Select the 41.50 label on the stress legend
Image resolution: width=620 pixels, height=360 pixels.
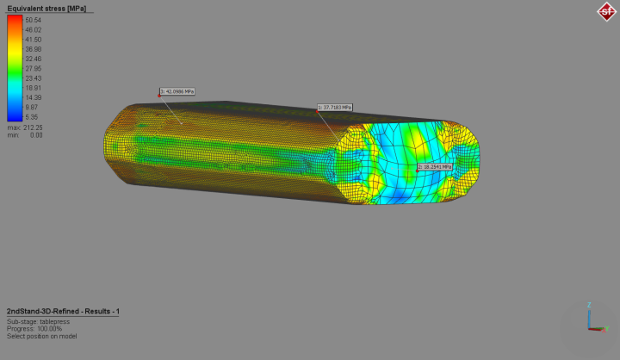pyautogui.click(x=34, y=40)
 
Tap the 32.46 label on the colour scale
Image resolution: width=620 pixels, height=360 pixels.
pyautogui.click(x=34, y=59)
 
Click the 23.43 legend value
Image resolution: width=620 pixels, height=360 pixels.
pyautogui.click(x=34, y=78)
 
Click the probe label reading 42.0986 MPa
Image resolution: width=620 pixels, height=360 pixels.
pyautogui.click(x=178, y=91)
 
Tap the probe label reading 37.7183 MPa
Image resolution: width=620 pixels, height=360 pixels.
pyautogui.click(x=336, y=108)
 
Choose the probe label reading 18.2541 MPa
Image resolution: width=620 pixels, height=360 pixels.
pyautogui.click(x=436, y=166)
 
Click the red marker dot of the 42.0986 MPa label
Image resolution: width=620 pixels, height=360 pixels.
pyautogui.click(x=160, y=95)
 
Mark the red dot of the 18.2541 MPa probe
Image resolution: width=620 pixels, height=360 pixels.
pyautogui.click(x=418, y=170)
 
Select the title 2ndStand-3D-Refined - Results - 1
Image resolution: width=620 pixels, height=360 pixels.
pyautogui.click(x=62, y=310)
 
